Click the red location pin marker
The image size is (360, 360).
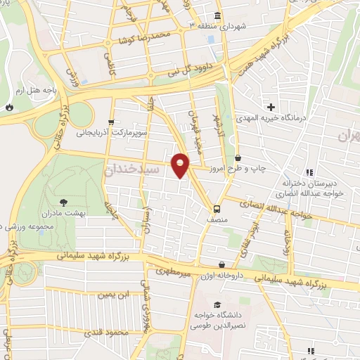[181, 165]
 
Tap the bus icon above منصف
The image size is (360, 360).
[217, 209]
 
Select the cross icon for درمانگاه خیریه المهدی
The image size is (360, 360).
[271, 107]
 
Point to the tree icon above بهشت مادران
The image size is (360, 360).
[64, 202]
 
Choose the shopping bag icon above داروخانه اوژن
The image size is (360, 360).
[222, 265]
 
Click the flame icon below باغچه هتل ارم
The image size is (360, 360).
[9, 107]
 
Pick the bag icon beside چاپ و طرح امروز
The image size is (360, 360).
[238, 157]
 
